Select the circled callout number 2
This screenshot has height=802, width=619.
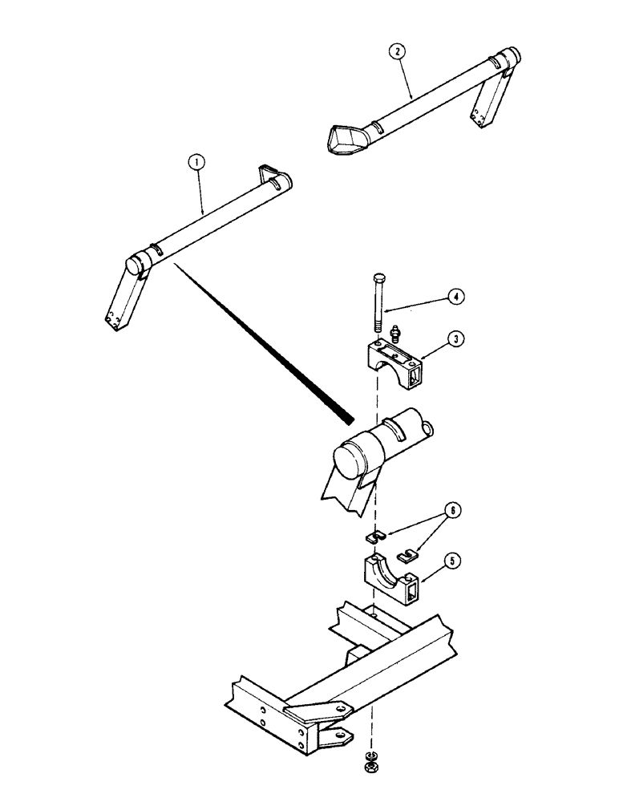[x=397, y=53]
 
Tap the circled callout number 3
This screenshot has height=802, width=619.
[x=455, y=339]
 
